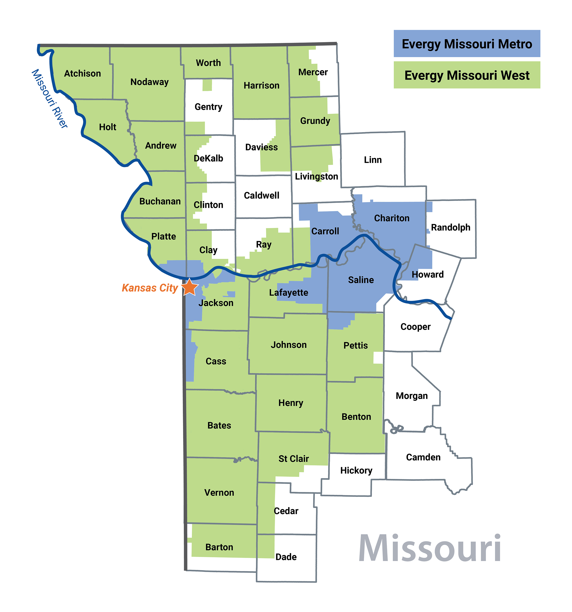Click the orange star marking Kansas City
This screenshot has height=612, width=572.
coord(189,287)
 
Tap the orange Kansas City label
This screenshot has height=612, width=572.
coord(150,288)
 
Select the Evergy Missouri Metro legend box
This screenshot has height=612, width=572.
coord(467,44)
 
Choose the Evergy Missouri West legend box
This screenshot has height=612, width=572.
coord(467,75)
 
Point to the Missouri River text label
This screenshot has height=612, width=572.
coord(49,99)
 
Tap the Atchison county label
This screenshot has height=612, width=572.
coord(82,74)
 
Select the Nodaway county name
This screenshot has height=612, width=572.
coord(149,82)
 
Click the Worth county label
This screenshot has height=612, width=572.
coord(208,63)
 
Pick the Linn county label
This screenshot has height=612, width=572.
coord(373,160)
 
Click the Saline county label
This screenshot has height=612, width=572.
coord(361,280)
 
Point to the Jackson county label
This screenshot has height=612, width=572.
coord(216,303)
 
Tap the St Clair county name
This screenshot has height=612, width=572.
coord(293,459)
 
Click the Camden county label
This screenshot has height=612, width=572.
coord(423,457)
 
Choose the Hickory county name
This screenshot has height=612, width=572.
coord(356,470)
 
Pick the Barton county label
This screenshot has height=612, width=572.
coord(219,547)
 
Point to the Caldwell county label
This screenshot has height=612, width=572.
coord(261,195)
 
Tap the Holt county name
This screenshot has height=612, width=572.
coord(107,127)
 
